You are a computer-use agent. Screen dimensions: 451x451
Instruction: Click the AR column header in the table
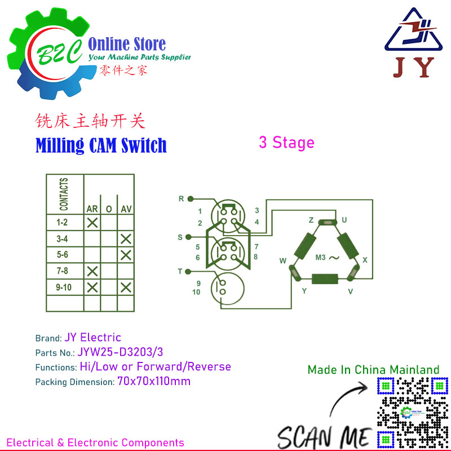[92, 209]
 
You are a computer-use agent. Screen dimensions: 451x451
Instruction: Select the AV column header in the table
[126, 209]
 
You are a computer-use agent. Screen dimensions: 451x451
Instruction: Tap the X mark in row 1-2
[92, 223]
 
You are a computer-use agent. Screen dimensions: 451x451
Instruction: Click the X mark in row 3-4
[126, 239]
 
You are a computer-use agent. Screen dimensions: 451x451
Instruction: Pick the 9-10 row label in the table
[64, 287]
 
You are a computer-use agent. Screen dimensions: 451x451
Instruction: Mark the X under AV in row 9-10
[126, 288]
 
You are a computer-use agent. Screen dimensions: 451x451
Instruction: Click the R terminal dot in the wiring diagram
[190, 198]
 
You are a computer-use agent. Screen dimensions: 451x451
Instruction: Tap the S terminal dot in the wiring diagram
[188, 237]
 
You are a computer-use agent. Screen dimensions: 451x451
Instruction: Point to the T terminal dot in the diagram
[188, 272]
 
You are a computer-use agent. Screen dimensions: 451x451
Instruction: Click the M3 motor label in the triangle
[321, 257]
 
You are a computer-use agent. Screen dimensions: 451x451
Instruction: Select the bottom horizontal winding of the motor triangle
[325, 278]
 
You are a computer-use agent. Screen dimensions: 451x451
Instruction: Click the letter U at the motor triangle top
[344, 220]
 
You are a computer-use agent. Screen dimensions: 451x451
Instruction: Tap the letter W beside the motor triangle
[283, 260]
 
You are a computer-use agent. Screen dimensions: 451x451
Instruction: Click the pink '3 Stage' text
[286, 143]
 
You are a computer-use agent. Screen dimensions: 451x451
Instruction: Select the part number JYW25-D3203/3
[120, 352]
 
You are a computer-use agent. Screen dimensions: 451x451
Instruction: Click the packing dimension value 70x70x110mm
[154, 382]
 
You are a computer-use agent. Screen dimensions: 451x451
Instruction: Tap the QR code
[413, 413]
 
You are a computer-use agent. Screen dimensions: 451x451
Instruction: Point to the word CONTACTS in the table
[64, 194]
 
